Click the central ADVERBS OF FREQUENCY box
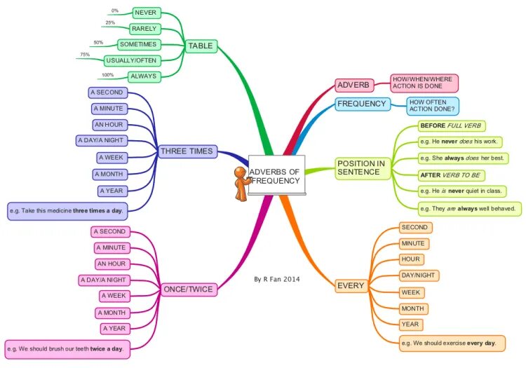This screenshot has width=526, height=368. tap(276, 176)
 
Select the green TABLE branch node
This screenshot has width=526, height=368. tap(201, 46)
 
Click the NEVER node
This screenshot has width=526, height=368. tap(146, 13)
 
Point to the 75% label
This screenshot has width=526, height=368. tap(85, 55)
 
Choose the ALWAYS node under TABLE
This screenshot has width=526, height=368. tap(144, 76)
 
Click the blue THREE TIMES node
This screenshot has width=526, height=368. tap(187, 151)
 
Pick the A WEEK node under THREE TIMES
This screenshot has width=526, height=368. tap(111, 158)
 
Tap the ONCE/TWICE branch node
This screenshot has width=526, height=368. tap(188, 289)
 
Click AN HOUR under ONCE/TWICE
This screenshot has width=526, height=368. tap(112, 264)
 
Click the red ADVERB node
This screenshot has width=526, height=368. tap(353, 86)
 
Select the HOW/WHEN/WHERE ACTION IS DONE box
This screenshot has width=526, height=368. tap(424, 83)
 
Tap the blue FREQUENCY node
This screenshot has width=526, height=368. tap(361, 104)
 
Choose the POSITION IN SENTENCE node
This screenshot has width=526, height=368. tap(361, 168)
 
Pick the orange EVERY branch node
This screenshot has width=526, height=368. tap(351, 286)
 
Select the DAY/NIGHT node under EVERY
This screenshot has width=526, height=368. tap(419, 275)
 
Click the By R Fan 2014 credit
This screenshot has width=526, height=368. tap(277, 279)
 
